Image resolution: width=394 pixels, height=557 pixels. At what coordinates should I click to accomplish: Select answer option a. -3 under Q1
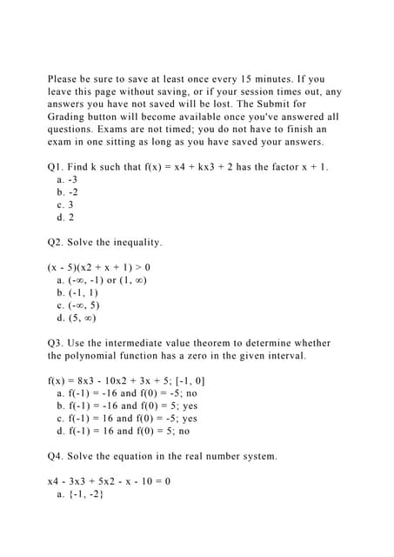point(66,179)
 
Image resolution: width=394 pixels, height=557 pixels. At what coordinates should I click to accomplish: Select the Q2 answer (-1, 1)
point(77,292)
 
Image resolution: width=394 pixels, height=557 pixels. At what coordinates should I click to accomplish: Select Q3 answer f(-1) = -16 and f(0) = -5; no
point(127,393)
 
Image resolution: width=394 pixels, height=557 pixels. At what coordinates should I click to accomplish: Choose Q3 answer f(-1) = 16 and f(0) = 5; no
point(123,430)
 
